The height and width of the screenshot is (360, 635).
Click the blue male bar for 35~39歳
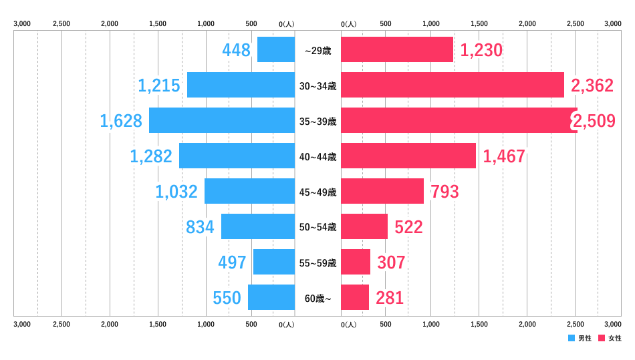pos(221,120)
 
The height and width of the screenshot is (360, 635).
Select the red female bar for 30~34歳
pos(452,85)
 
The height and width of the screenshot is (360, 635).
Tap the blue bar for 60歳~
pos(271,297)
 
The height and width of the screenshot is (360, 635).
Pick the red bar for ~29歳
pos(396,49)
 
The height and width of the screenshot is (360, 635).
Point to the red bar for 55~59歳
pos(356,262)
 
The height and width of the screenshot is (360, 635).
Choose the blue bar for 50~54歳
pos(258,226)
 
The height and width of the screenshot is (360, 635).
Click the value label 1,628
pos(121,121)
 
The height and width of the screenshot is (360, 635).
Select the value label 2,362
pos(592,85)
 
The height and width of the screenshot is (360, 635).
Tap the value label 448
pos(236,50)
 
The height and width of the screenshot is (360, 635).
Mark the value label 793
pos(444,192)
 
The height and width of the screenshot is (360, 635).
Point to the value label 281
pos(390,298)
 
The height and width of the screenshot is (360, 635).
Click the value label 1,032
pos(176,192)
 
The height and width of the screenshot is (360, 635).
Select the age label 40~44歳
pos(317,157)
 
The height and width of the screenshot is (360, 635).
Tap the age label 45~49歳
pos(317,192)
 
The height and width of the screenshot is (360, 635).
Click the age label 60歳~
pos(317,299)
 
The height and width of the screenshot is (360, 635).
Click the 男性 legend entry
pos(580,338)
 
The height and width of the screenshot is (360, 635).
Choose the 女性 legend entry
pos(610,338)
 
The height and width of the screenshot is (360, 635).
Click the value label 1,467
pos(504,156)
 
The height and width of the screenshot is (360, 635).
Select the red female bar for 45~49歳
pos(382,191)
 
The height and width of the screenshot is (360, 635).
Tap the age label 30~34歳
pos(317,86)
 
